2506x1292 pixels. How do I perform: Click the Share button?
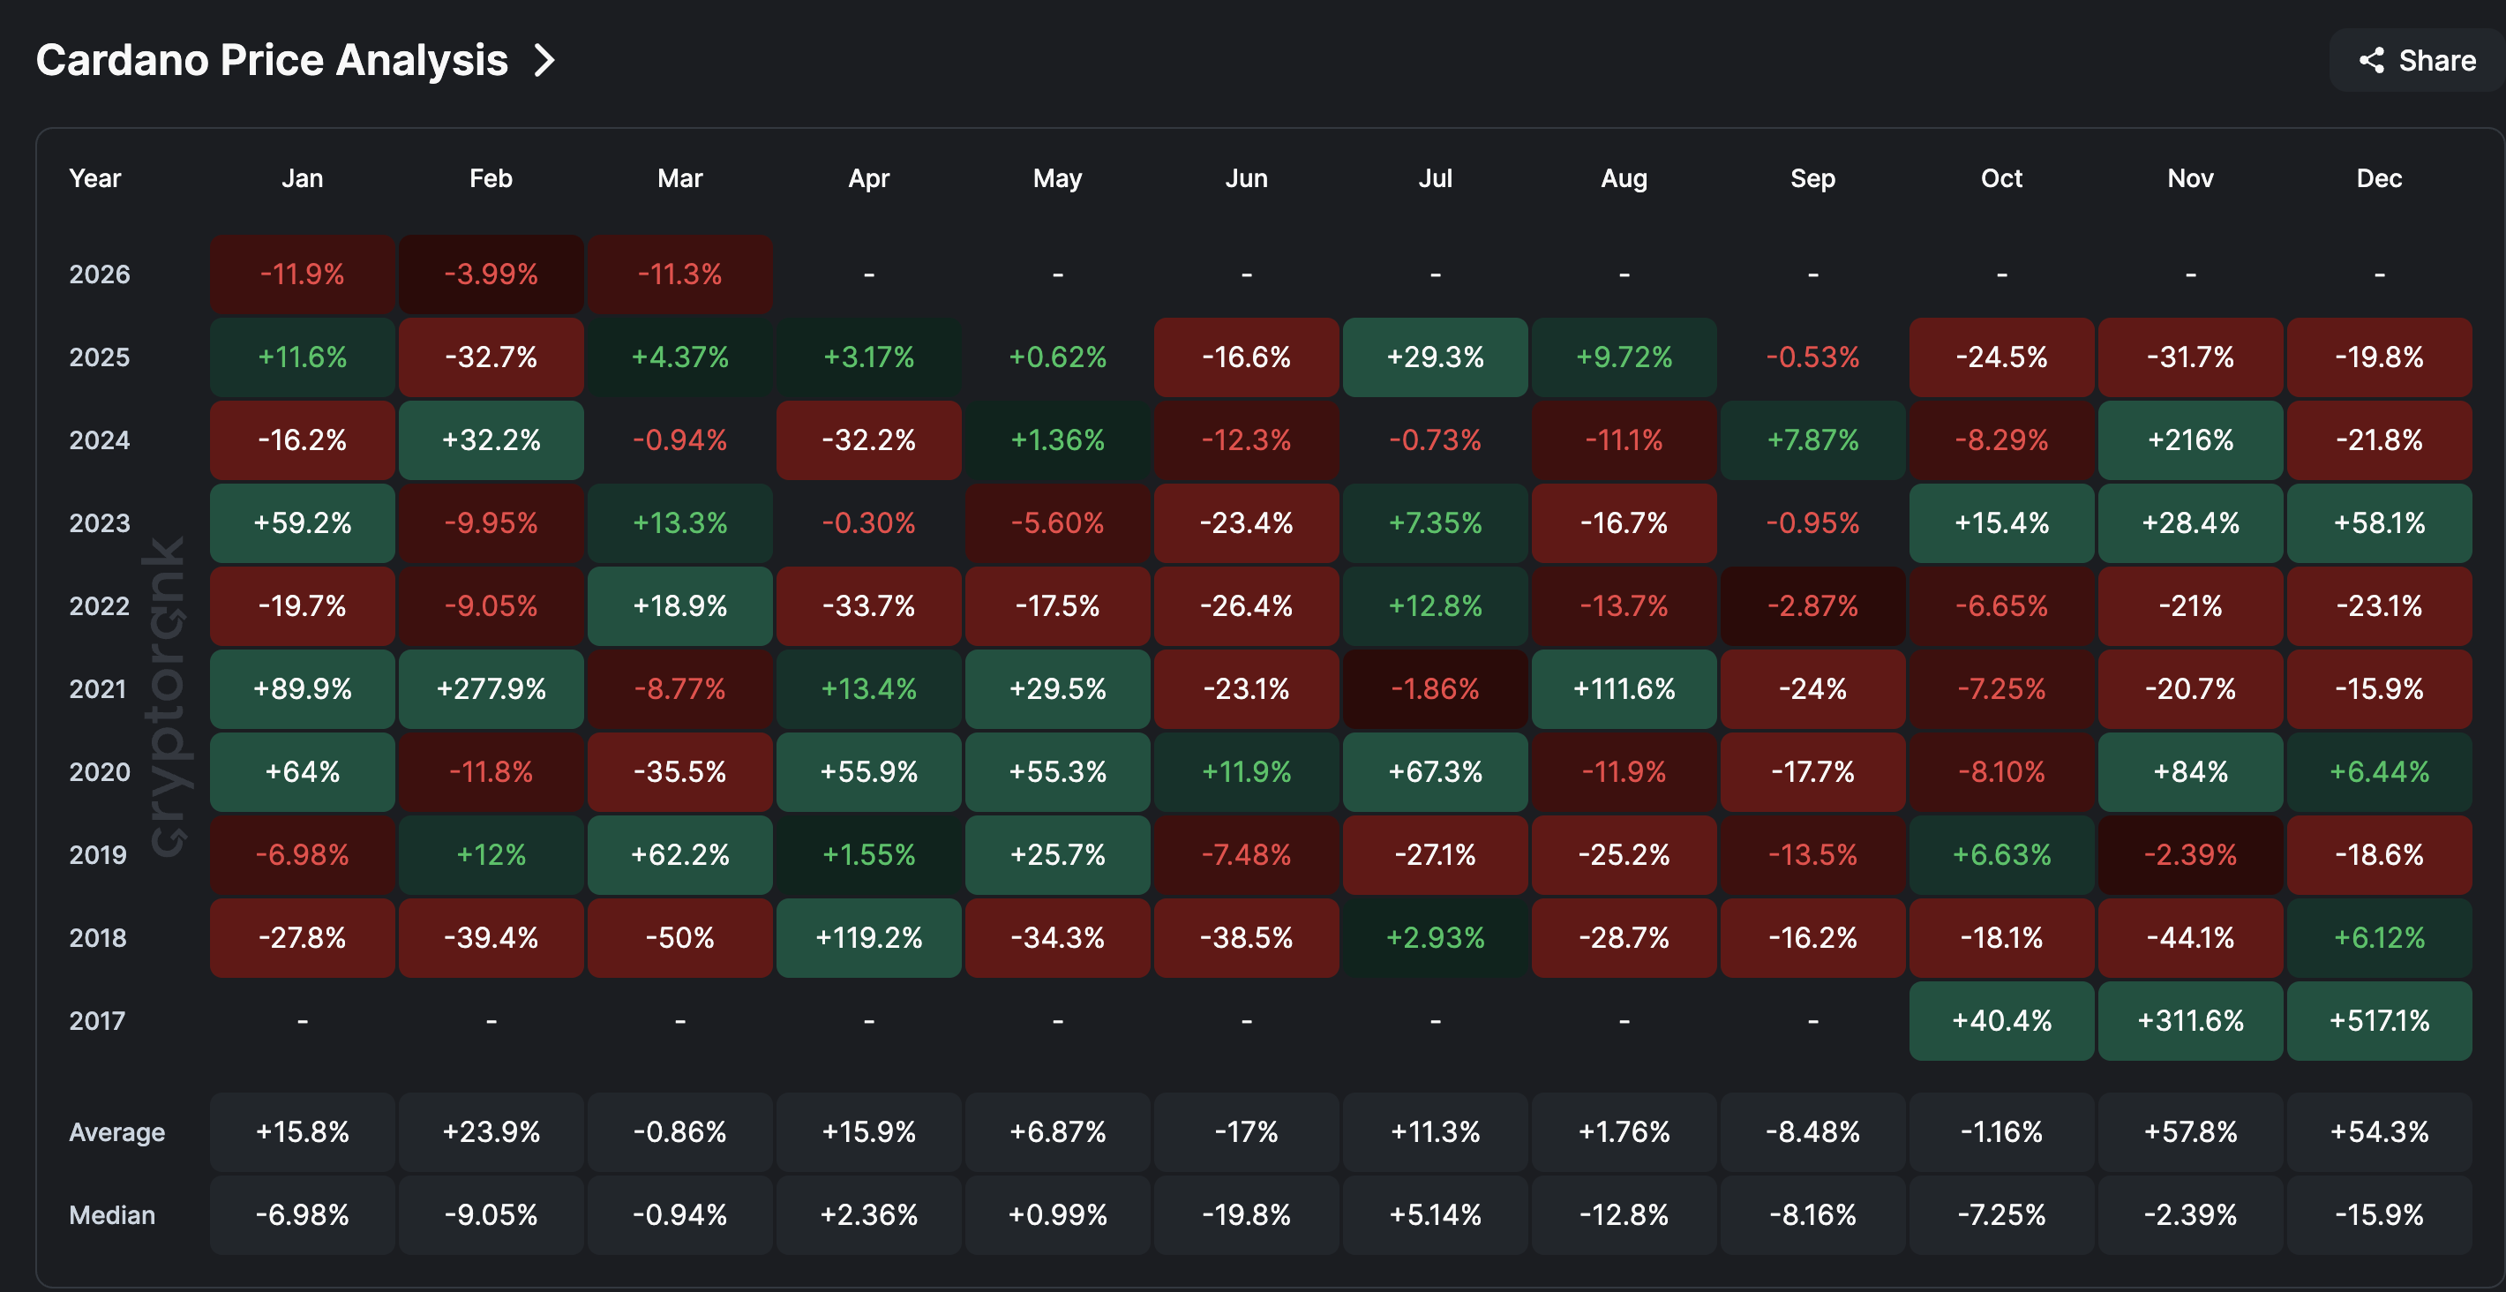2418,60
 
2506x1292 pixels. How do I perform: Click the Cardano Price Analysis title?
272,60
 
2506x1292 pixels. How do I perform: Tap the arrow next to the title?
544,60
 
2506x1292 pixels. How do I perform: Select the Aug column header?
1624,178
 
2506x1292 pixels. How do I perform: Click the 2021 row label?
97,689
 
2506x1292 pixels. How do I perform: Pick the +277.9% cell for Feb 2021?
491,689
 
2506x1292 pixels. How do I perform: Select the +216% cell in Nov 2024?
2190,439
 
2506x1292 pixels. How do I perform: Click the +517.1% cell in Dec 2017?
2379,1020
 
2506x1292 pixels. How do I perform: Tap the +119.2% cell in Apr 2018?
869,938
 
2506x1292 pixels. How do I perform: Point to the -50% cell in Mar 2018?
680,938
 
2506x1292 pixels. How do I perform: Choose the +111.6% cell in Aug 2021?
1624,689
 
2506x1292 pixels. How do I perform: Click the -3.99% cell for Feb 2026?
491,274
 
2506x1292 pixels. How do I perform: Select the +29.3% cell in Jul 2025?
1435,357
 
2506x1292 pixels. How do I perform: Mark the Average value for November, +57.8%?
2190,1131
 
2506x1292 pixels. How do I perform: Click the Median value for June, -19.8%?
1246,1214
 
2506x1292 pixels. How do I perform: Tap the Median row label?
112,1214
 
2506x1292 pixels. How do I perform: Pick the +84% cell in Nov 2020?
2190,771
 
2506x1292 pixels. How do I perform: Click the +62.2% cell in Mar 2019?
680,854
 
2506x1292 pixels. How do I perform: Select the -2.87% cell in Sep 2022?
1812,606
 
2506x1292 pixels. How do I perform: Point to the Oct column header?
2001,178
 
